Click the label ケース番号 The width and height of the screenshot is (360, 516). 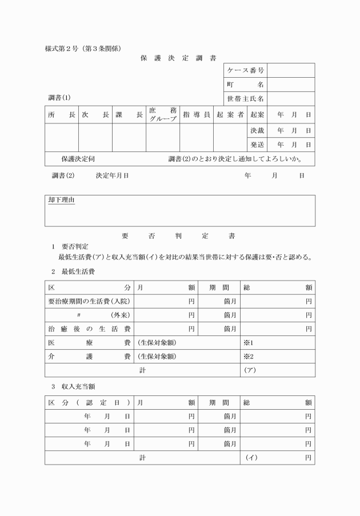[245, 70]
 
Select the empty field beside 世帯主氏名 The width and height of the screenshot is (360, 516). [291, 99]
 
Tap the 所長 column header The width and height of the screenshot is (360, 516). [62, 115]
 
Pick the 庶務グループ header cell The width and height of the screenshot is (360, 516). [163, 115]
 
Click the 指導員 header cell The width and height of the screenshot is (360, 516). [197, 115]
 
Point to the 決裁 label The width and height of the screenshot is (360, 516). [257, 130]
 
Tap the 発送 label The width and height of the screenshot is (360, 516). [257, 145]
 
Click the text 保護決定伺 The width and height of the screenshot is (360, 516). [78, 159]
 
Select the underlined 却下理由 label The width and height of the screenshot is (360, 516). [61, 201]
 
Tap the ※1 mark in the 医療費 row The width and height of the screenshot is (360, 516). [248, 343]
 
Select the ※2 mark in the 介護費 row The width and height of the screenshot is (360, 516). [248, 357]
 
